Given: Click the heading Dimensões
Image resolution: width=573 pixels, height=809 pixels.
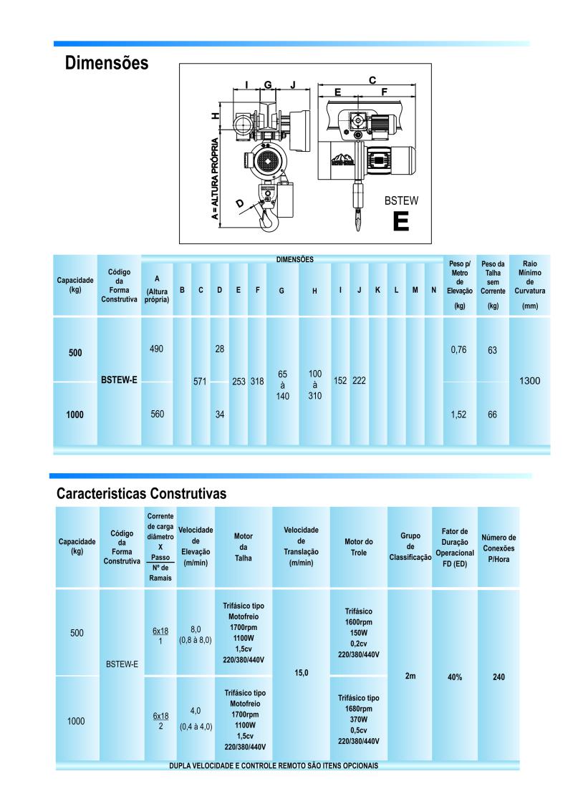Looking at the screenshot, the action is [106, 63].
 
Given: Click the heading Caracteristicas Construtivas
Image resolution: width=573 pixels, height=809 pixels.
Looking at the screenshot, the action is [141, 494].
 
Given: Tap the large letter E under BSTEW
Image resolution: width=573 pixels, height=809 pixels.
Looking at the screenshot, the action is [400, 221].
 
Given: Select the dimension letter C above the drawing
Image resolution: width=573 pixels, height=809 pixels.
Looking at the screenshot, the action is [372, 80].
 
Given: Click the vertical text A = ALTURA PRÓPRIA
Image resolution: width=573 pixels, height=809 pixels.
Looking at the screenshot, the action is [215, 178].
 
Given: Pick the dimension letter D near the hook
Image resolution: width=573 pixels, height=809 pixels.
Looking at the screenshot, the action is [240, 203].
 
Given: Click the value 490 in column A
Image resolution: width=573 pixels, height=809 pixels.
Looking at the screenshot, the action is [156, 349].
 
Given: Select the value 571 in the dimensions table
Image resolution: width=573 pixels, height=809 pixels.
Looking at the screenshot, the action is [200, 382].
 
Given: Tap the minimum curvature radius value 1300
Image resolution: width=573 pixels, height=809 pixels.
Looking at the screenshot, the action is [529, 381].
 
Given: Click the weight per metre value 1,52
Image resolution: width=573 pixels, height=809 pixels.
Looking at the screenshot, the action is [458, 415].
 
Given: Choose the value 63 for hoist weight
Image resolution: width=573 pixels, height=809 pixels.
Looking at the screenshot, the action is [493, 350].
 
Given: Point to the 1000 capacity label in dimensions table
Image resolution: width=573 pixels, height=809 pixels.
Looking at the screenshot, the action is [75, 415].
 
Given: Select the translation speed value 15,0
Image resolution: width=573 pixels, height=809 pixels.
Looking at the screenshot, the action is [301, 673].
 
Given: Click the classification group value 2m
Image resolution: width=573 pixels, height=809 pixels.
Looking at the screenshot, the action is [410, 676].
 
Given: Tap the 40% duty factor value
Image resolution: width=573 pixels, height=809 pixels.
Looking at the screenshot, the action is [455, 677].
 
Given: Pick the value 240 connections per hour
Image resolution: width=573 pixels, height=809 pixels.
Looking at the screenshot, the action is [499, 677].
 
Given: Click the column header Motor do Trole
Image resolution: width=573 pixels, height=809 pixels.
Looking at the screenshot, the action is [359, 547].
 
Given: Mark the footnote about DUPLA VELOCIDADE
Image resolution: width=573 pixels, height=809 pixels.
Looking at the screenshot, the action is [274, 765].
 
